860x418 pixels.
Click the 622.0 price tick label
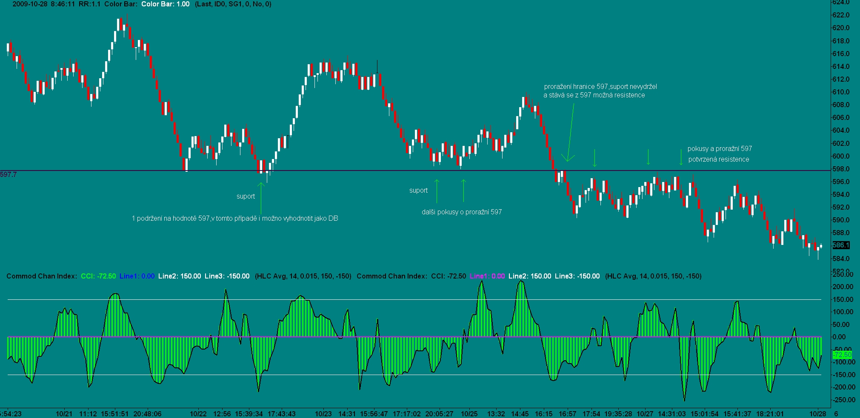point(840,15)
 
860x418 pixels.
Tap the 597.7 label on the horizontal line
point(9,174)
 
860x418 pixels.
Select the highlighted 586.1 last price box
point(841,245)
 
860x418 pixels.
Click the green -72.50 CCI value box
point(842,355)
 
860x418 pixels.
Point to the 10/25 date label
point(469,413)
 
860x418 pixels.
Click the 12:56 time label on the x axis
point(222,413)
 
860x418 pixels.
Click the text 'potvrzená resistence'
point(719,159)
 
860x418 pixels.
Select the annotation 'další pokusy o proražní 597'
point(462,212)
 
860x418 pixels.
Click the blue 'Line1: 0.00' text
point(137,276)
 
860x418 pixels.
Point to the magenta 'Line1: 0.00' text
point(487,276)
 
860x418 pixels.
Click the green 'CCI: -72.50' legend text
point(98,276)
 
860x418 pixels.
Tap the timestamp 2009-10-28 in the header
point(30,4)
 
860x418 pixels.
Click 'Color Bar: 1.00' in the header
point(165,4)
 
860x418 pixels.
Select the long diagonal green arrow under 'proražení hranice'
point(570,132)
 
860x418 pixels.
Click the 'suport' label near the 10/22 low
point(246,196)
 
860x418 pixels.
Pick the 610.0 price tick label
point(840,92)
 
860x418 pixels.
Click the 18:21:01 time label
point(770,413)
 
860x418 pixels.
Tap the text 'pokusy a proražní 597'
point(720,148)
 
